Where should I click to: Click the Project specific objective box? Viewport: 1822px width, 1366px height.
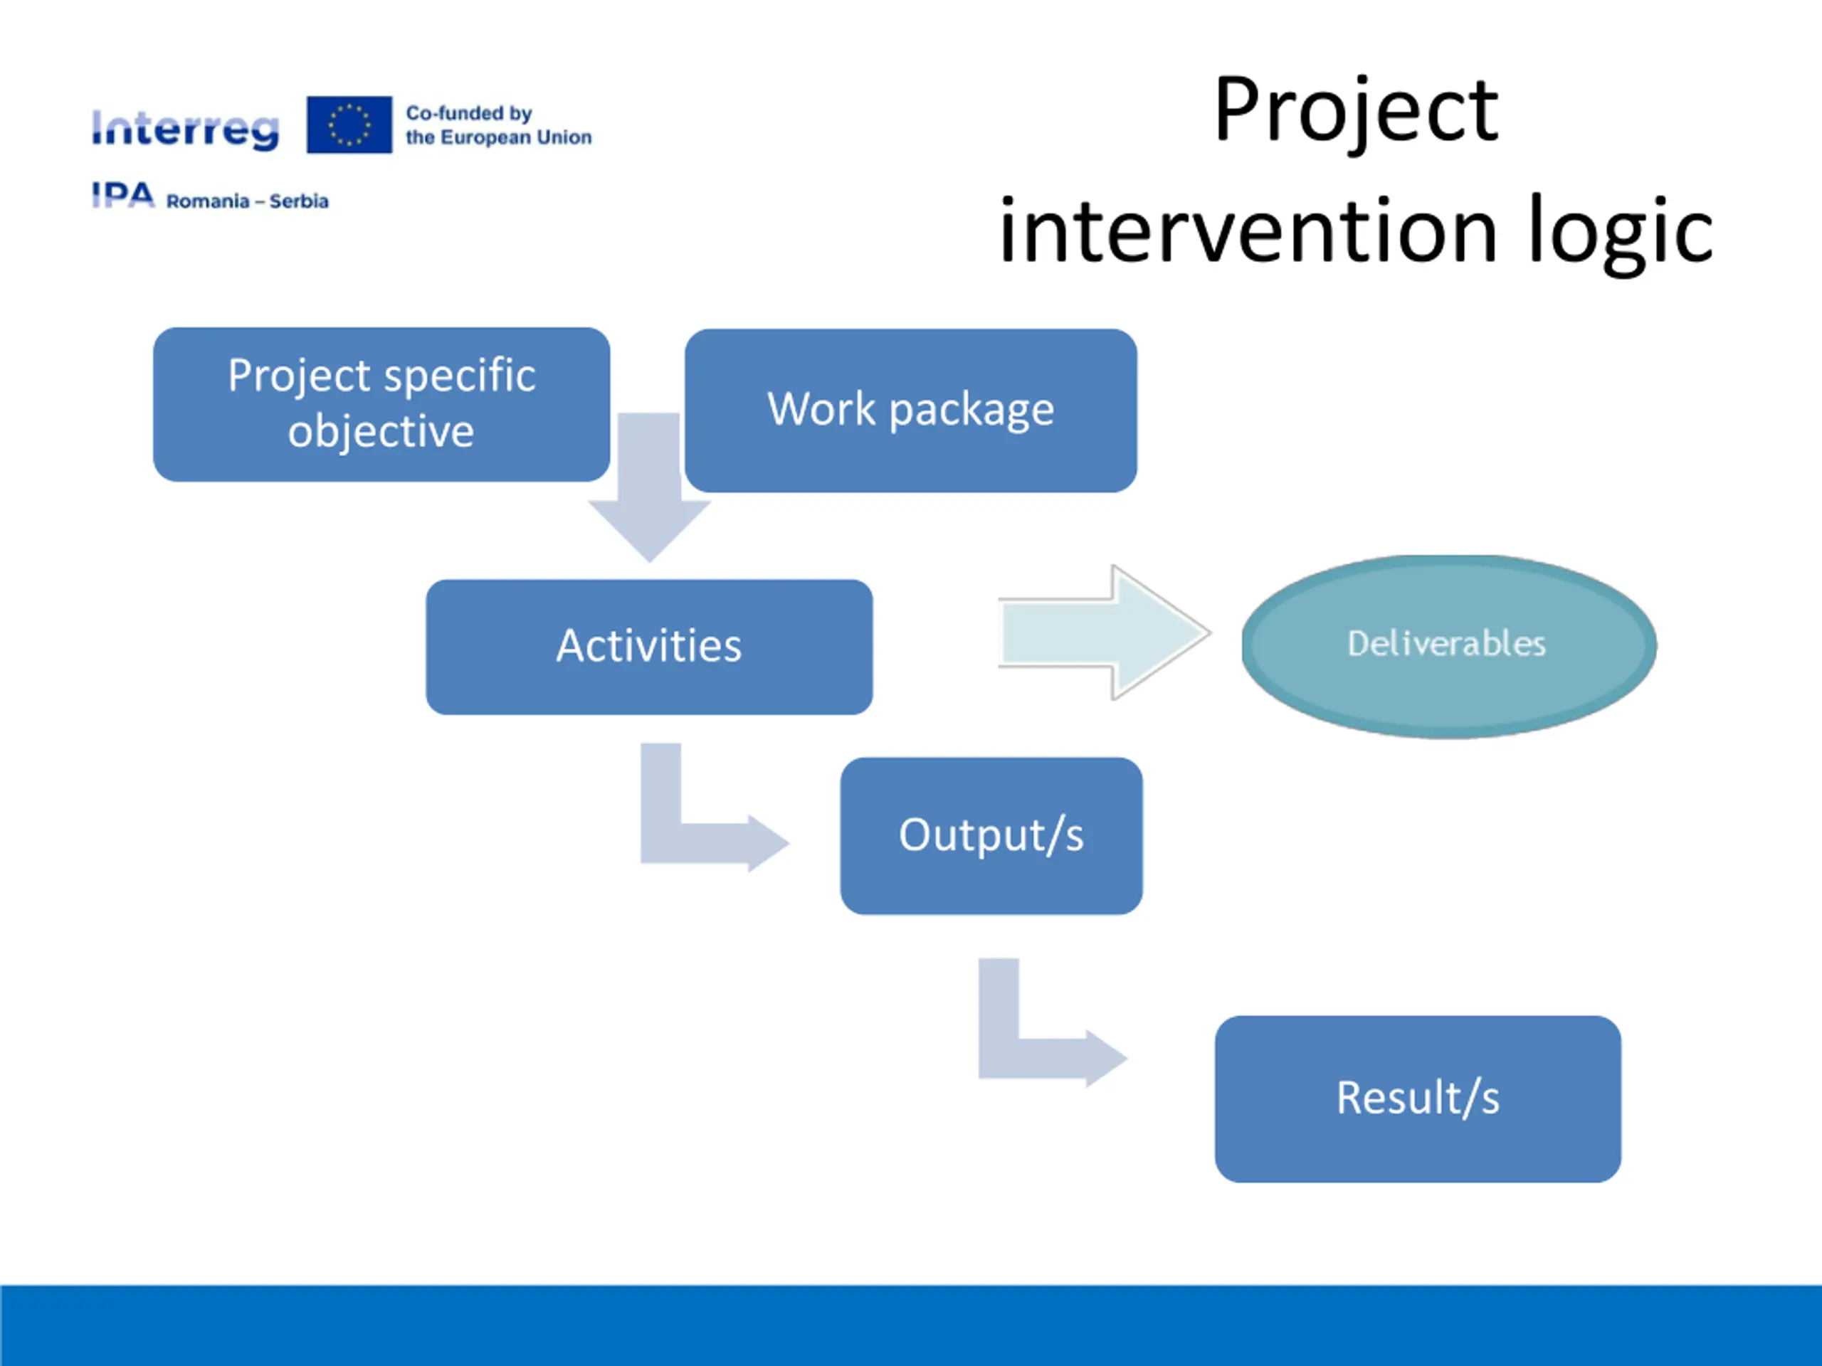(381, 403)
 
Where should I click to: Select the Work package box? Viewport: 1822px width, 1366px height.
(910, 410)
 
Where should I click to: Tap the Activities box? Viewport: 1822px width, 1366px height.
(648, 646)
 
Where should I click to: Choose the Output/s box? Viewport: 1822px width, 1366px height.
(990, 835)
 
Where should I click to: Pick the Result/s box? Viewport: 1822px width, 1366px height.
(1417, 1098)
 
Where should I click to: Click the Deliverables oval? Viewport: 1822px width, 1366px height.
(1448, 645)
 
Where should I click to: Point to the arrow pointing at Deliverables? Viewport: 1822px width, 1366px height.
(1104, 632)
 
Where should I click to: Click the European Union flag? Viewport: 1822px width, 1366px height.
(349, 125)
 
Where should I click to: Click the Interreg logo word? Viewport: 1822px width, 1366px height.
(185, 129)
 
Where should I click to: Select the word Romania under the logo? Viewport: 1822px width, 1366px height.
(208, 201)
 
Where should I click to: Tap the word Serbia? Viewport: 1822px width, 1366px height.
(298, 201)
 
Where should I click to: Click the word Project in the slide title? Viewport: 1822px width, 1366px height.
(1355, 111)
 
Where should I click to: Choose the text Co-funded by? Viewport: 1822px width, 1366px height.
(469, 113)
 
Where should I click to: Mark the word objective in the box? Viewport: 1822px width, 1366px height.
(381, 431)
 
